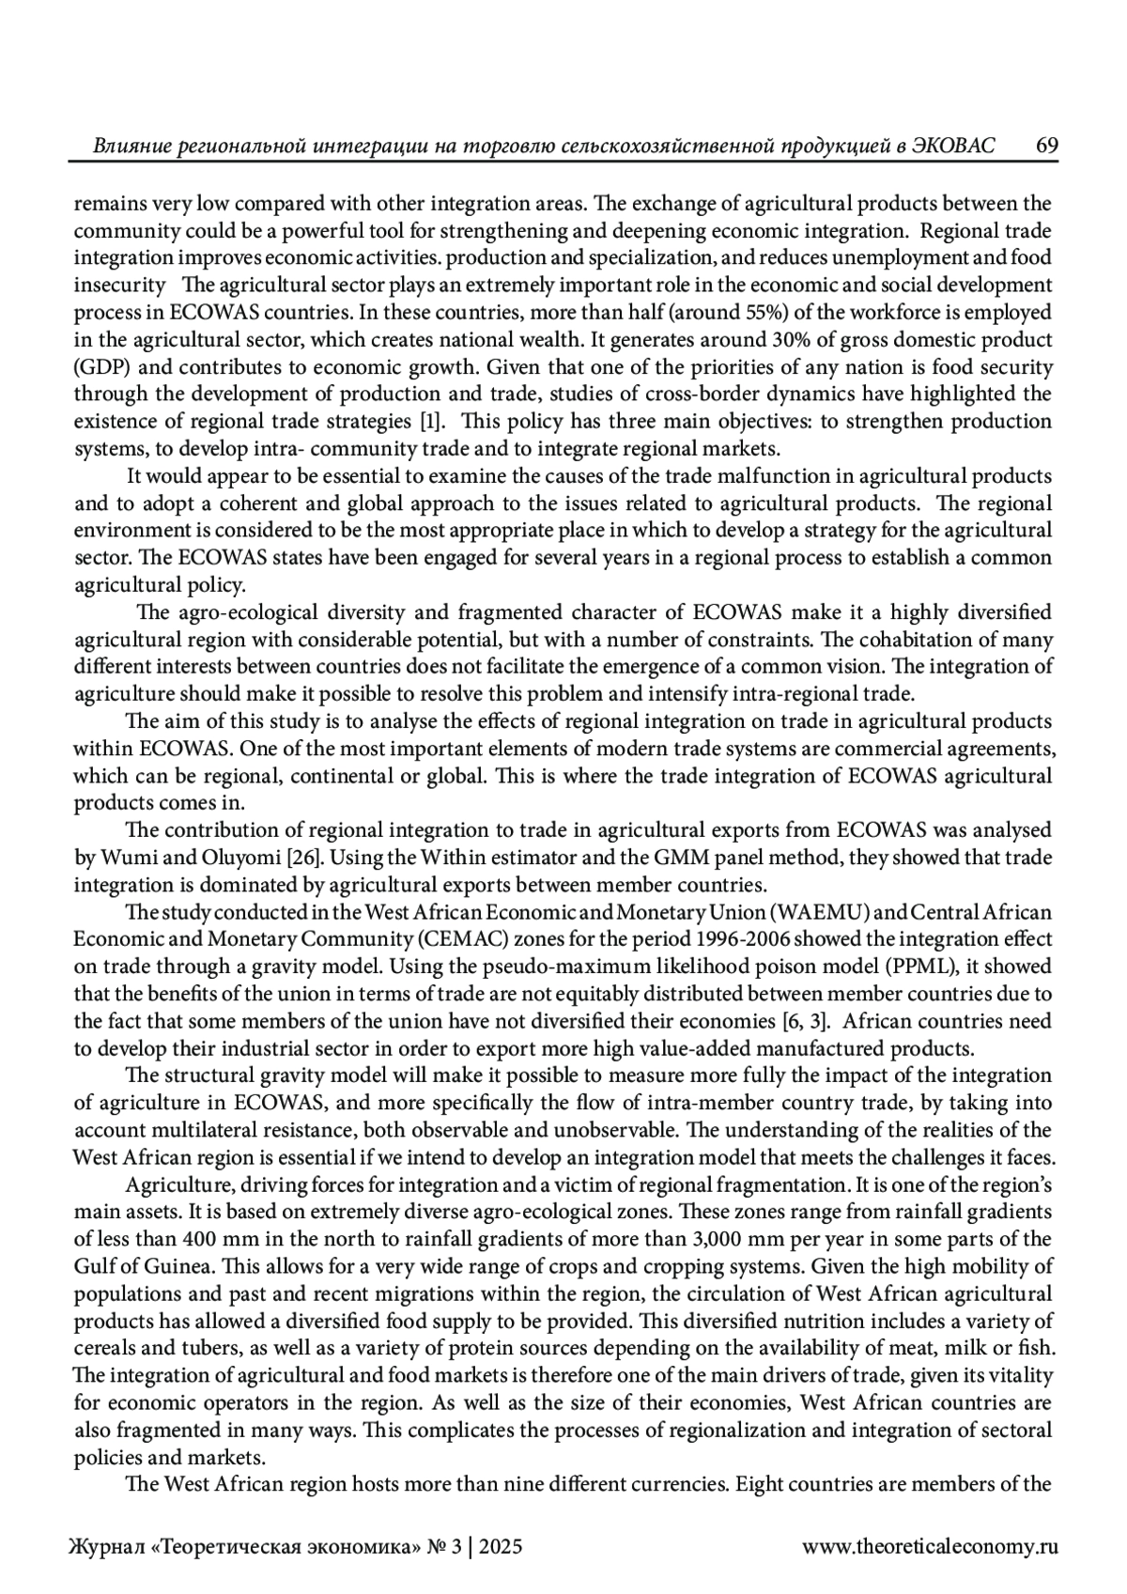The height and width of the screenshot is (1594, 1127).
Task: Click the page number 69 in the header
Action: pos(1047,147)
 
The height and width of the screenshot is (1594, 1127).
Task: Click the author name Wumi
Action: pos(124,858)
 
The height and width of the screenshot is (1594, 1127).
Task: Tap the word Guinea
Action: pos(147,1266)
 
